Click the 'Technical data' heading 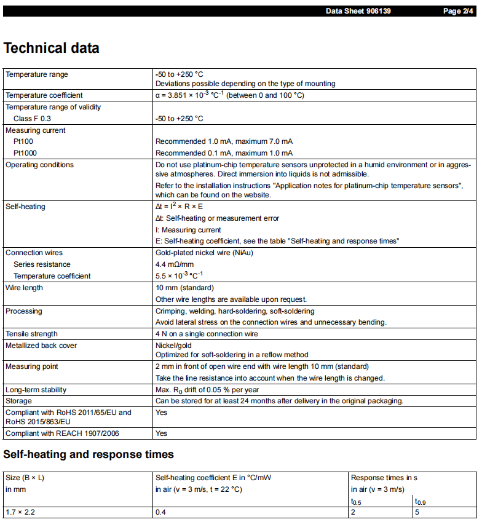pyautogui.click(x=52, y=49)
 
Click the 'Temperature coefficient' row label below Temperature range pyautogui.click(x=44, y=95)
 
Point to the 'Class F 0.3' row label pyautogui.click(x=32, y=119)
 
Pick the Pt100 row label pyautogui.click(x=24, y=141)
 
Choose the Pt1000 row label pyautogui.click(x=26, y=153)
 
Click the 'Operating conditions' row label pyautogui.click(x=39, y=165)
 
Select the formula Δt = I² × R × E pyautogui.click(x=180, y=207)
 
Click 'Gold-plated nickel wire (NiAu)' pyautogui.click(x=204, y=253)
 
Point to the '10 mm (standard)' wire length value pyautogui.click(x=184, y=288)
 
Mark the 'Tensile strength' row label pyautogui.click(x=31, y=334)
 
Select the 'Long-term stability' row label pyautogui.click(x=36, y=390)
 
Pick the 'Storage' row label pyautogui.click(x=19, y=401)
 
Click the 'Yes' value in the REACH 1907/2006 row pyautogui.click(x=161, y=433)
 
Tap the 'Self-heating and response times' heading pyautogui.click(x=89, y=455)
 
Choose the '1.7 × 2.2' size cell pyautogui.click(x=20, y=512)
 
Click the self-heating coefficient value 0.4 pyautogui.click(x=160, y=512)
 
